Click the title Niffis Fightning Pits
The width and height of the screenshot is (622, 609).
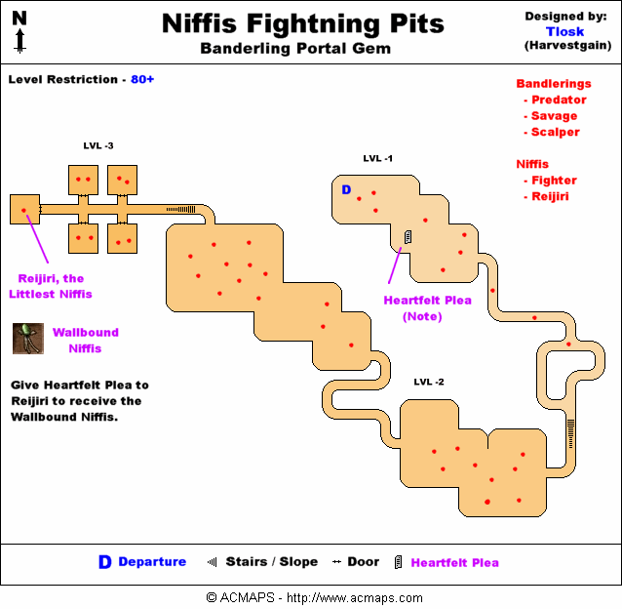point(302,22)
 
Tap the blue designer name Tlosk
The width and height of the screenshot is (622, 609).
point(564,31)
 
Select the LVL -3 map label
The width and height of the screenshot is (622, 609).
point(98,146)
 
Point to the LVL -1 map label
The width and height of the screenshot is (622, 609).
point(377,158)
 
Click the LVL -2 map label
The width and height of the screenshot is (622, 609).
point(428,382)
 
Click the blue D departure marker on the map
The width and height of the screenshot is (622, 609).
point(345,189)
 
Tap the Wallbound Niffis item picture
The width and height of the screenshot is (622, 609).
point(26,339)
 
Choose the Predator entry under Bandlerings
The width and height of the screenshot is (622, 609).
point(558,100)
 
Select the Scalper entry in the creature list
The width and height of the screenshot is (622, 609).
point(555,132)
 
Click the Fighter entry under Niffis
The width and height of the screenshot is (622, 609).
point(554,180)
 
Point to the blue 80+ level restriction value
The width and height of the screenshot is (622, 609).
point(142,79)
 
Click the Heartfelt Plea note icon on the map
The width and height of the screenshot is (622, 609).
point(408,236)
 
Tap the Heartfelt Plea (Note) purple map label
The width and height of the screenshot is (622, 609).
point(427,307)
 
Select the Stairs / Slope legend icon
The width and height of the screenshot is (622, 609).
point(212,561)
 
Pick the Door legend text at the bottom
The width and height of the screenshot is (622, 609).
point(364,561)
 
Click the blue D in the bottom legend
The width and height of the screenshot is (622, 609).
point(104,562)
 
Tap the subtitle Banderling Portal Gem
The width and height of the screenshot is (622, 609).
point(296,49)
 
